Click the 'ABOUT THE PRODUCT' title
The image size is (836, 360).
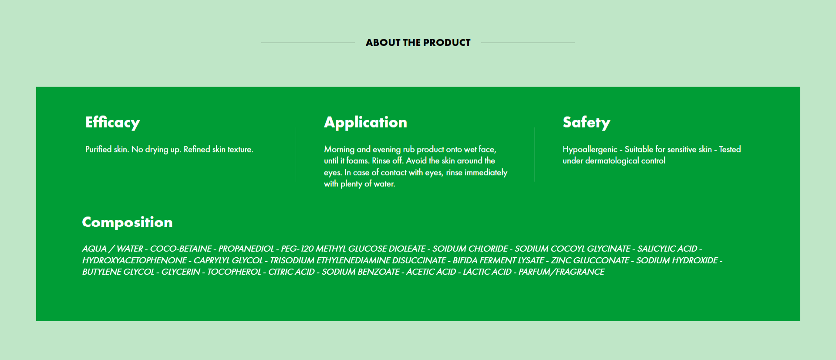[x=418, y=43]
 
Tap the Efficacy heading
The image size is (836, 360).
[x=113, y=122]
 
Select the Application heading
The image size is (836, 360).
[x=366, y=122]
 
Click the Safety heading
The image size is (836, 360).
[x=587, y=122]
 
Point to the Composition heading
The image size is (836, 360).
[x=127, y=222]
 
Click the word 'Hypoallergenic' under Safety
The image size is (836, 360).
[x=590, y=149]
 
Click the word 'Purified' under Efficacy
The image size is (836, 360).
[x=98, y=149]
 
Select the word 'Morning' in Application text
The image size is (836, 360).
[x=339, y=149]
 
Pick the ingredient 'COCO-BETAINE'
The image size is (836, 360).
[x=181, y=249]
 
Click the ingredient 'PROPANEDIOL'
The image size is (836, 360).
[x=246, y=249]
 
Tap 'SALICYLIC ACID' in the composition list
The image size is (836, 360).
[x=667, y=249]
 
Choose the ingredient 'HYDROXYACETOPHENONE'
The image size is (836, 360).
[x=135, y=260]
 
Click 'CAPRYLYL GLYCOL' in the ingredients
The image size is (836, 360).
[x=228, y=260]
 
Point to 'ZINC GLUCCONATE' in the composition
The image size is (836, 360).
[x=590, y=260]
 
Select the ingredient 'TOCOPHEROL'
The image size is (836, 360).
[x=234, y=272]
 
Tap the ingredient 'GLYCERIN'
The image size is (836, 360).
[x=181, y=272]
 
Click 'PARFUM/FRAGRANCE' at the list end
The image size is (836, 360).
[x=561, y=272]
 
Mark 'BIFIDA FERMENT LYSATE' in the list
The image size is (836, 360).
[x=498, y=260]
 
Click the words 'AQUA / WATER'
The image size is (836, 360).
[x=112, y=249]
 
